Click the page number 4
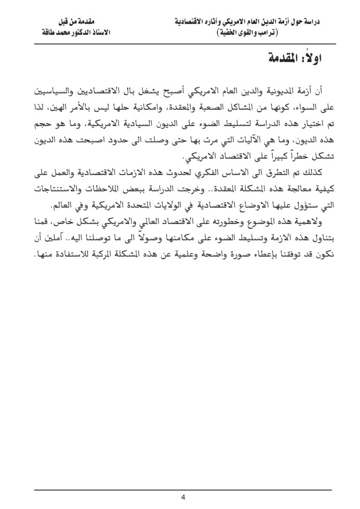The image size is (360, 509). [x=183, y=497]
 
